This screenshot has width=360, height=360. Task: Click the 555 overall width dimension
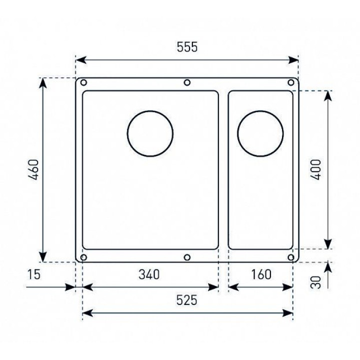[x=187, y=47]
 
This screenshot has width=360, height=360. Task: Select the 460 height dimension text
[x=33, y=169]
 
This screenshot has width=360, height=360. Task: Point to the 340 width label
[x=149, y=274]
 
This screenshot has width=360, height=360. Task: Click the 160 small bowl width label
[x=261, y=274]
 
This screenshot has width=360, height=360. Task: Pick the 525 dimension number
[x=187, y=300]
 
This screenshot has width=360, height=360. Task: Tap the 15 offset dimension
[x=34, y=274]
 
